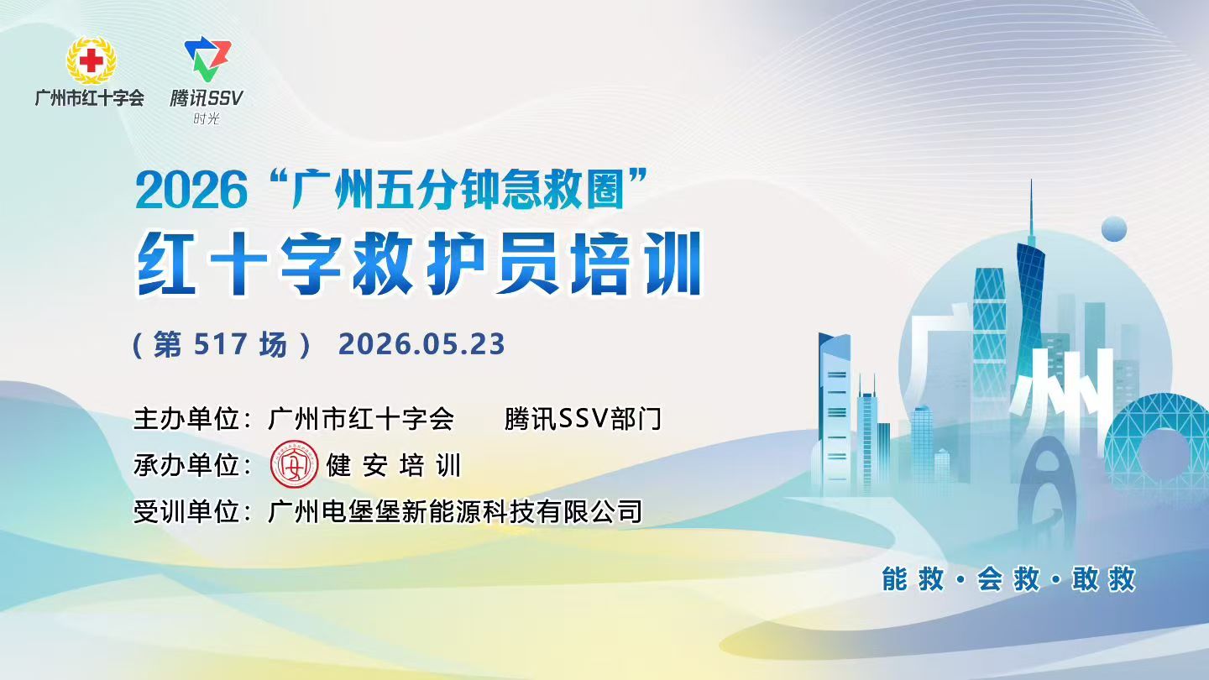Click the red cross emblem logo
point(91,60)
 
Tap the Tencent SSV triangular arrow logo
point(207,58)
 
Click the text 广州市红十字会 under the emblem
point(90,97)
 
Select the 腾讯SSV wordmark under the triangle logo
point(207,98)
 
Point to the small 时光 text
point(207,118)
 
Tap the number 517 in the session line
point(220,344)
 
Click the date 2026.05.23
point(421,344)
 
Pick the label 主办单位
point(186,419)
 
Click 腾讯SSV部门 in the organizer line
point(583,419)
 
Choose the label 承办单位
point(186,465)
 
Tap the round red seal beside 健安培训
point(294,465)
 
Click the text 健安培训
point(394,465)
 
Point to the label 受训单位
point(186,511)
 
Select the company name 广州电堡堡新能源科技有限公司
point(455,511)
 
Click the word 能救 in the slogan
point(913,579)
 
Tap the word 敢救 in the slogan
point(1104,579)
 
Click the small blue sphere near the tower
point(1114,229)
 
